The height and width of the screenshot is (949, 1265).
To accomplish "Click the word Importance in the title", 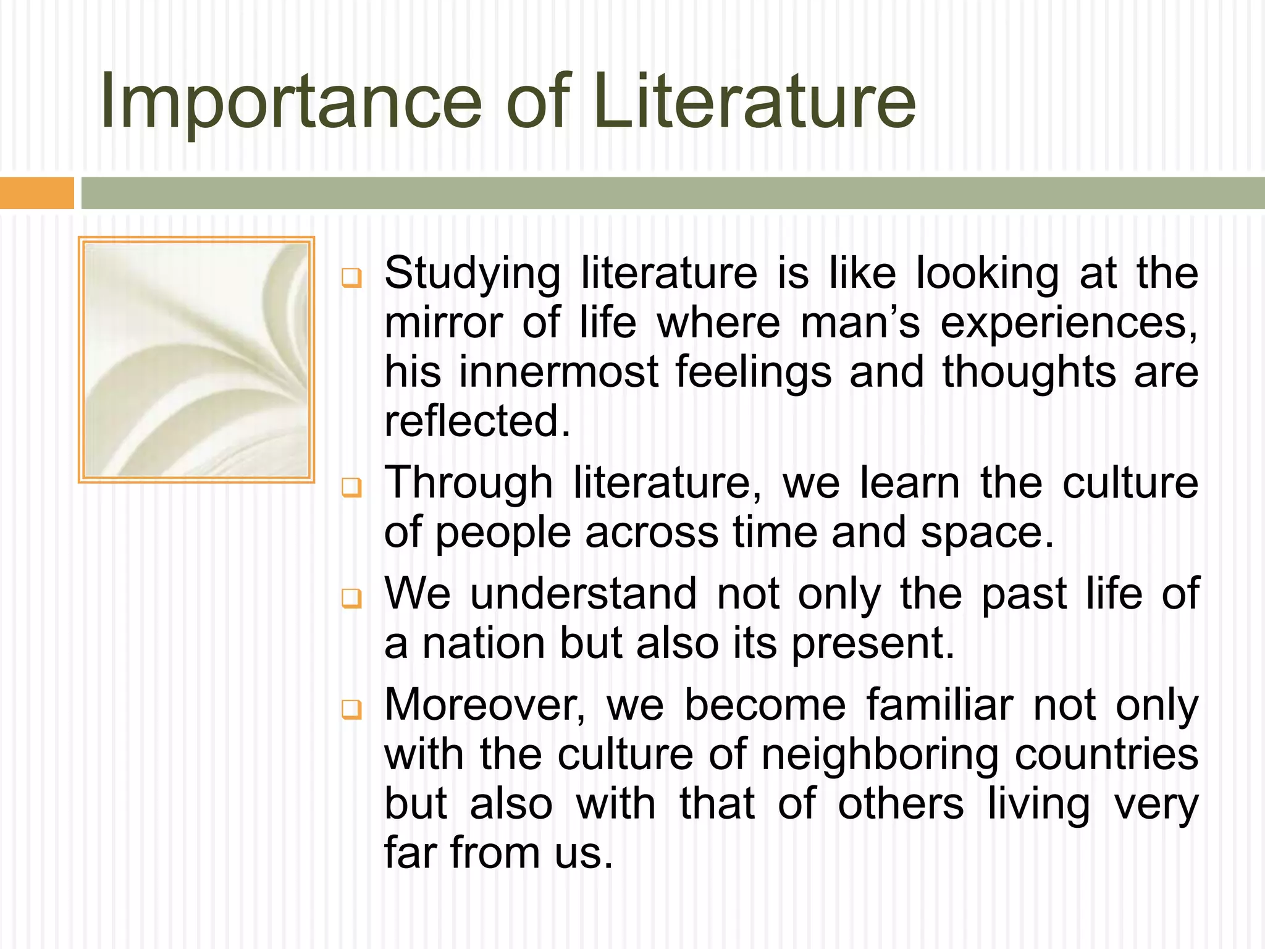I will [290, 102].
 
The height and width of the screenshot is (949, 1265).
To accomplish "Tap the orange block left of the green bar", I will [36, 193].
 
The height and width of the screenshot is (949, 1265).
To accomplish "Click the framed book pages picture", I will [196, 360].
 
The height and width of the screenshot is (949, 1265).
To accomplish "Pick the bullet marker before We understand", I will [351, 599].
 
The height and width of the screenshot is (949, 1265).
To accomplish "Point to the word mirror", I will [443, 324].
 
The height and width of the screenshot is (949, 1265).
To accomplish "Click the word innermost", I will [558, 373].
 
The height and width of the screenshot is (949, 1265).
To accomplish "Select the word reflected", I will [476, 422].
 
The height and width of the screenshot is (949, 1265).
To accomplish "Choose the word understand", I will [583, 594].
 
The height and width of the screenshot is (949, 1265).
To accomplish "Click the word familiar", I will [939, 706].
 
